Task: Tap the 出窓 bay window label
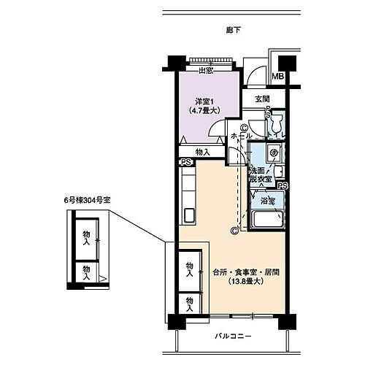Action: (x=205, y=70)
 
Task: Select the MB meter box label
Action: (x=278, y=77)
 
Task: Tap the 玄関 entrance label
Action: (x=263, y=99)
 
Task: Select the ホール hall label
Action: (x=241, y=137)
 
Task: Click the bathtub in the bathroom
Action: (x=266, y=221)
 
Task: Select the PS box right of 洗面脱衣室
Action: (x=283, y=186)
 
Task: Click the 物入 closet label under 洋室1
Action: (x=203, y=152)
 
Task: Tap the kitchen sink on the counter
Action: (x=187, y=216)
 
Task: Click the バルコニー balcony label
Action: (x=234, y=337)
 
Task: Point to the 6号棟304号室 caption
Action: (x=85, y=199)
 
